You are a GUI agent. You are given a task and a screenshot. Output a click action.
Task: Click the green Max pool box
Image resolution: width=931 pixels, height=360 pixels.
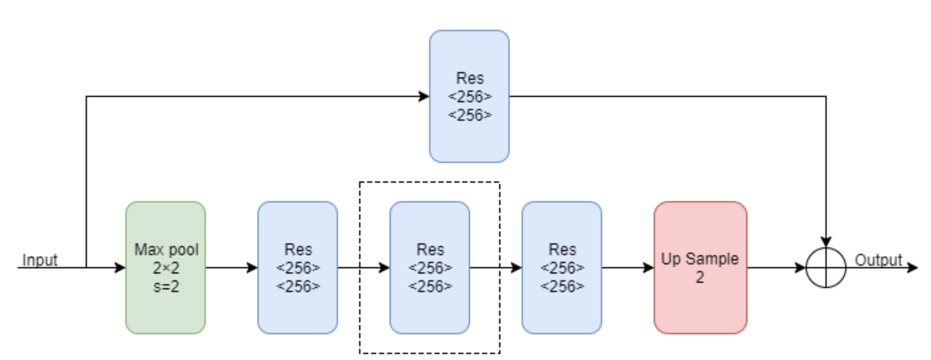(165, 268)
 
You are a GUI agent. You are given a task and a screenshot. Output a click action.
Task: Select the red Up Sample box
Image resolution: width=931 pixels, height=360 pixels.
(700, 268)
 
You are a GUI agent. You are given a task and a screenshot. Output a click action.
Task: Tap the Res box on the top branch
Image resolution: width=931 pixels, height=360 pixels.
(469, 97)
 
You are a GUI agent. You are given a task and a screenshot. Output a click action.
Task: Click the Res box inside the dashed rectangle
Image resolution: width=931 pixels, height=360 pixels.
(430, 268)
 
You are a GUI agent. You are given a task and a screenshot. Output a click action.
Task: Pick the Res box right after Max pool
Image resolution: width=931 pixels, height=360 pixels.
(298, 268)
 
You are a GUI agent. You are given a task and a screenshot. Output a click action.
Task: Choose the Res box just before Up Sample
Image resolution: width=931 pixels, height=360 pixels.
(562, 268)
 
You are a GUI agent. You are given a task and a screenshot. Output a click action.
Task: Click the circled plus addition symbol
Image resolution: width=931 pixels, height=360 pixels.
(825, 268)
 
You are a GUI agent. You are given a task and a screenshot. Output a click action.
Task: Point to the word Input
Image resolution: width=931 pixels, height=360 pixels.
(40, 260)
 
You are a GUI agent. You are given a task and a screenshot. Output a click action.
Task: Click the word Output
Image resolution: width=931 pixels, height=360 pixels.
(878, 260)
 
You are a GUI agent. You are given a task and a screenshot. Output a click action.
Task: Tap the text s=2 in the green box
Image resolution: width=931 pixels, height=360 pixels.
(166, 287)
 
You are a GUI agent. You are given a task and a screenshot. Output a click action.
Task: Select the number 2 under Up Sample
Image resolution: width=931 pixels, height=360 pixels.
(700, 277)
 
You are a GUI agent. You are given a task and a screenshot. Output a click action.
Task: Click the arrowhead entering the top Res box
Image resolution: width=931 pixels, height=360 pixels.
(424, 97)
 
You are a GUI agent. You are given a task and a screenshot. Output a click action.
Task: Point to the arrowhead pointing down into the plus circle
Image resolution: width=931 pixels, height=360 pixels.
(825, 242)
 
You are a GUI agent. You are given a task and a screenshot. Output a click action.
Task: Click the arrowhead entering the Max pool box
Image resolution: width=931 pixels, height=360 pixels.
(120, 268)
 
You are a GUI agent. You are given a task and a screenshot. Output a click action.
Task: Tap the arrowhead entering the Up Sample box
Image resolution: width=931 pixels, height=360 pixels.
(648, 268)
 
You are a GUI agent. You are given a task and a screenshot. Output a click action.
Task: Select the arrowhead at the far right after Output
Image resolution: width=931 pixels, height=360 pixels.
(913, 268)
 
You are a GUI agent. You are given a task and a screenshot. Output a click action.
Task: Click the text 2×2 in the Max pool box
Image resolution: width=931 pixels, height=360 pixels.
(166, 268)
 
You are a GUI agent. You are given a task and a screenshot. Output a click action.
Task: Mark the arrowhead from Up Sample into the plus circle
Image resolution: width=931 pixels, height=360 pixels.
(800, 268)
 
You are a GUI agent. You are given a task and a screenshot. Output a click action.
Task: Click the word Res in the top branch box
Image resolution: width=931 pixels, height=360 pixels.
(470, 78)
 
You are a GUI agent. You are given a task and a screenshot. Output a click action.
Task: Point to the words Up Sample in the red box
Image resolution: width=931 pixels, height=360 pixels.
(700, 259)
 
